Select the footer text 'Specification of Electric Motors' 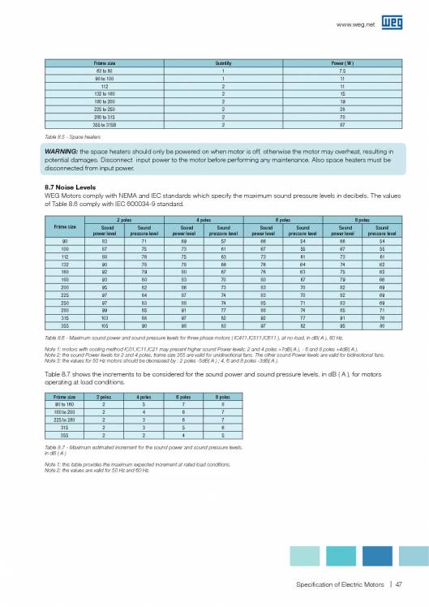pos(339,582)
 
